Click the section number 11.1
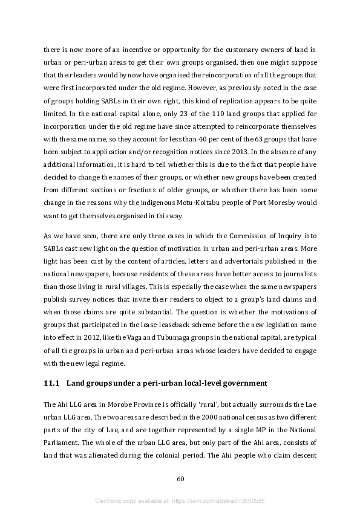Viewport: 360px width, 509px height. click(51, 383)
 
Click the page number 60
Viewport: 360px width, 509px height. click(180, 479)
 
